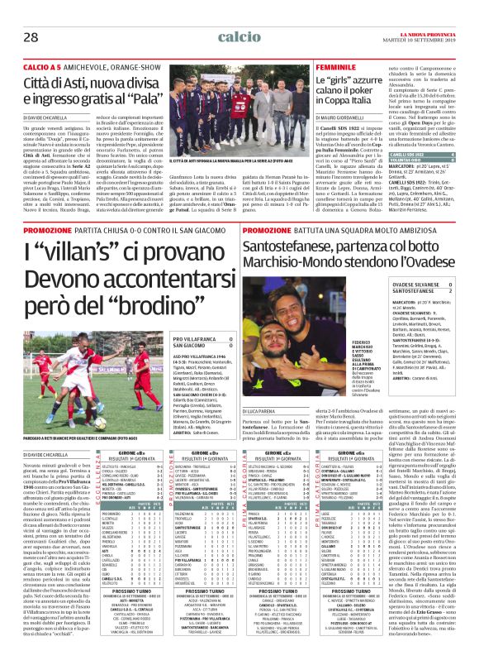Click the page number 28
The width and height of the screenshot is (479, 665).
[x=31, y=14]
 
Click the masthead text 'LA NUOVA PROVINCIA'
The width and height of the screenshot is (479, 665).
[x=431, y=9]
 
